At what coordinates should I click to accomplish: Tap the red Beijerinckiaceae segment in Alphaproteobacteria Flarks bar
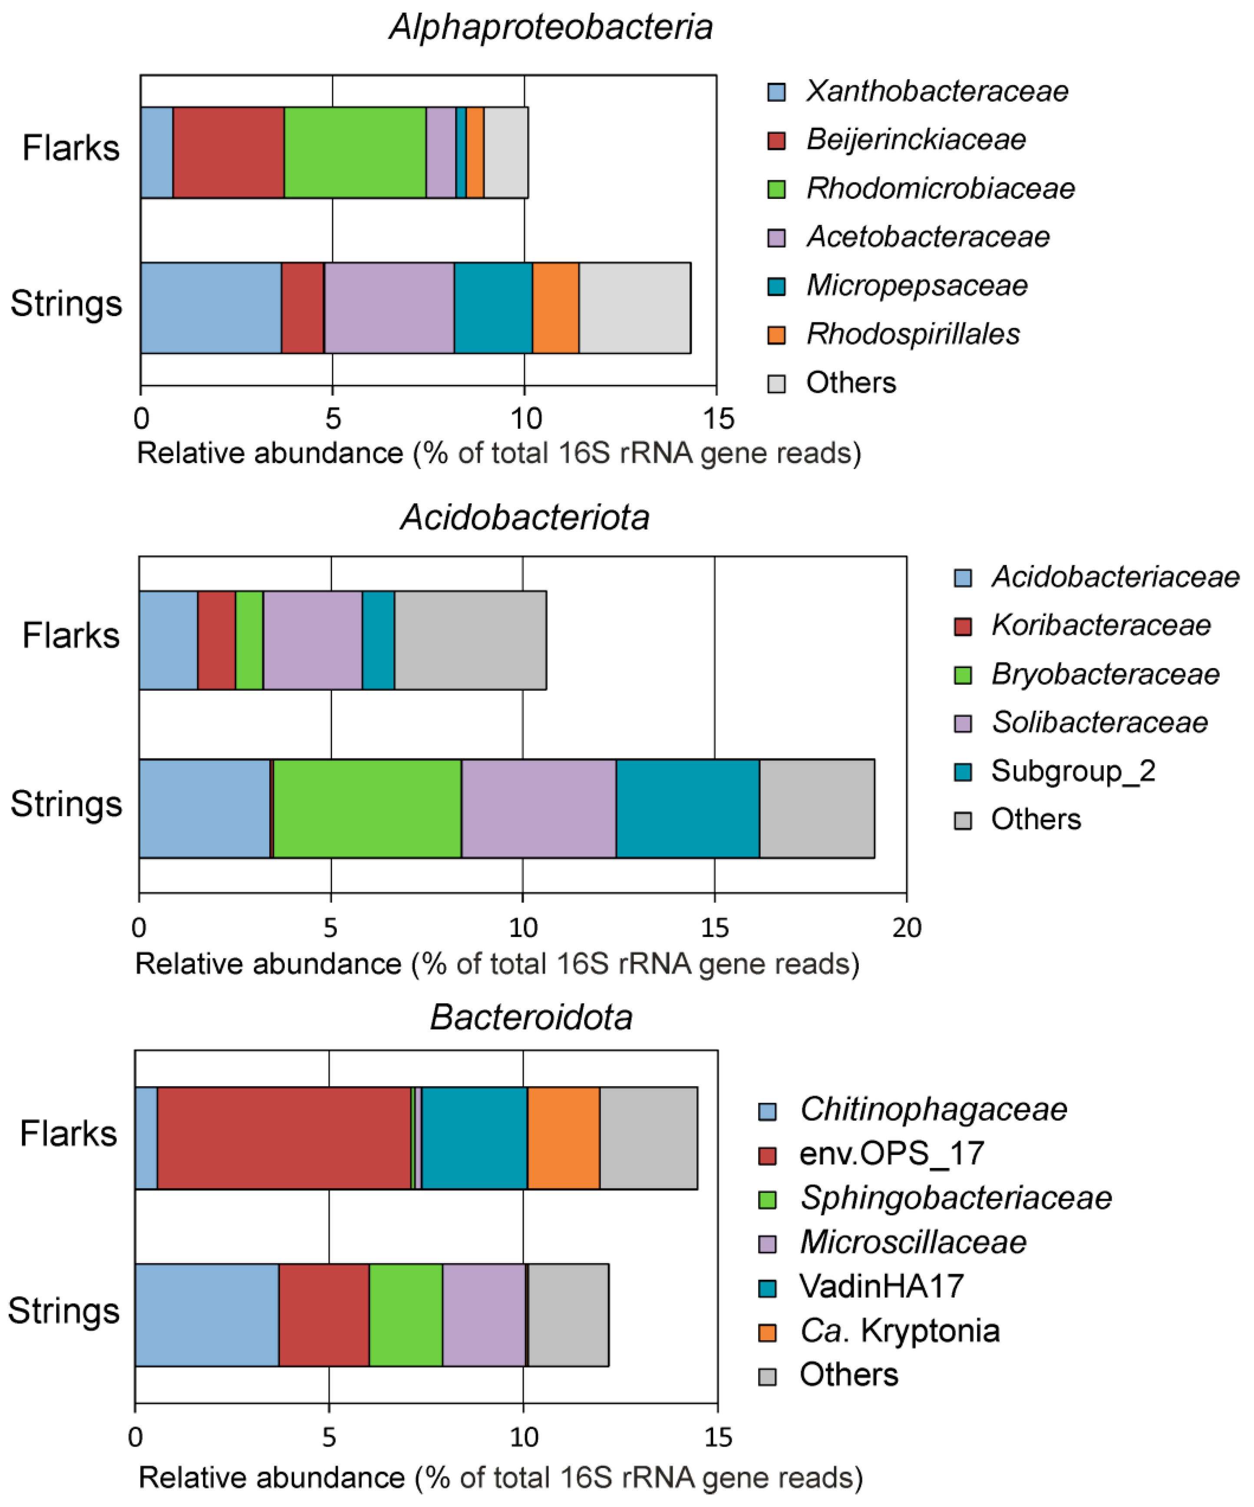(228, 152)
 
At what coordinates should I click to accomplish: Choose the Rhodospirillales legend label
(913, 334)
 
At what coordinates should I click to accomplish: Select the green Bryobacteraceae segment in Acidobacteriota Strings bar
(367, 808)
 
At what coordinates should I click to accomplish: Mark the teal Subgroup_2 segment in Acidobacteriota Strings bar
(687, 808)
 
